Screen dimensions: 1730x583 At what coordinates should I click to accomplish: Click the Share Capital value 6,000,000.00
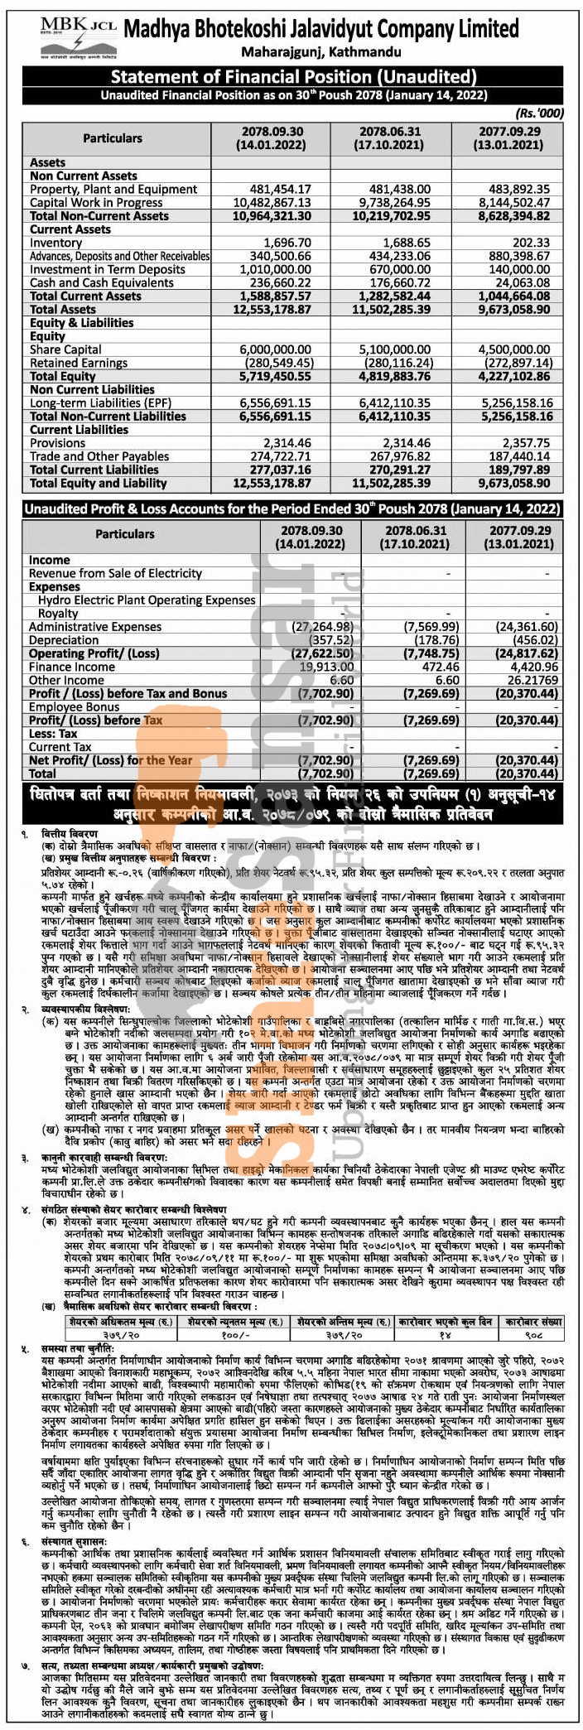(x=272, y=349)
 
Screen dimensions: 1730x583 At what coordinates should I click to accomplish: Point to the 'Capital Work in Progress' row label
(x=96, y=203)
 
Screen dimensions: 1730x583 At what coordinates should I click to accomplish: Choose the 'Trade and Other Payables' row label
(x=99, y=456)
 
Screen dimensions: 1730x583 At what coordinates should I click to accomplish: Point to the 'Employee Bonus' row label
(x=75, y=707)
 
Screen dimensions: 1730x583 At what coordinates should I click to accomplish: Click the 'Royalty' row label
(x=58, y=614)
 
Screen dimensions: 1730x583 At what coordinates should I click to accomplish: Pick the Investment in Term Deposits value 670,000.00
(x=395, y=269)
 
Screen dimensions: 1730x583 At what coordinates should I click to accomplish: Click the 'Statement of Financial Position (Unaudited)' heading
(x=293, y=77)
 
